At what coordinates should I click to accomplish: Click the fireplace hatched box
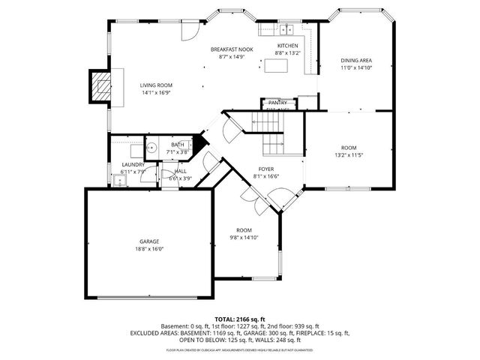click(99, 86)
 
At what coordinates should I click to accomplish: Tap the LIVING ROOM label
click(156, 85)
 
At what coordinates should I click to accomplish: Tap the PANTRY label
click(278, 102)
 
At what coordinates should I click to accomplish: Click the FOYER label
click(266, 169)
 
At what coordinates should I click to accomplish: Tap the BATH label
click(177, 145)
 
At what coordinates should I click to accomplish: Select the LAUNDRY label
click(133, 165)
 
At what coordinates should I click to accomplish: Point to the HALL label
click(181, 171)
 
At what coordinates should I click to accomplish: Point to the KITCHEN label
click(287, 46)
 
